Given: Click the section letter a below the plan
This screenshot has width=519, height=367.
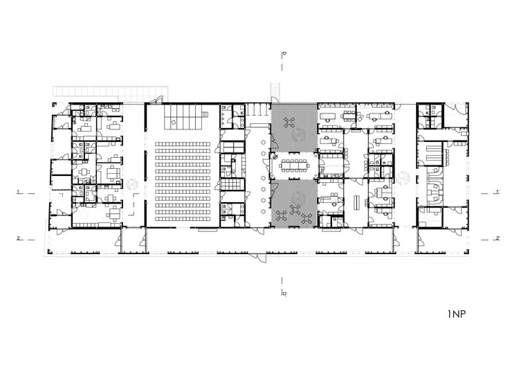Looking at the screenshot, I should tap(284, 294).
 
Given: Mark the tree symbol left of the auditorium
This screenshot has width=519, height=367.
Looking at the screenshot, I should tap(132, 184).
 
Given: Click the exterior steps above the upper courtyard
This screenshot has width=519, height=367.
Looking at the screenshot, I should tap(275, 89).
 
